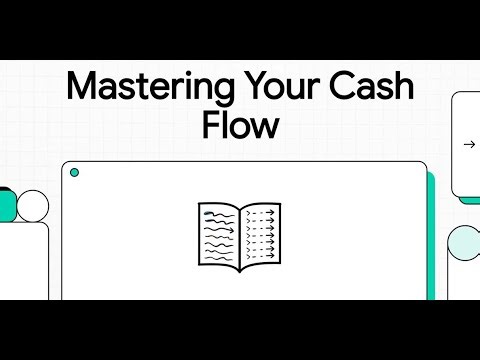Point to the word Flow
[240, 128]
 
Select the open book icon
[240, 234]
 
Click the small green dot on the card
[74, 173]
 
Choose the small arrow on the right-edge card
[469, 144]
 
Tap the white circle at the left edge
[33, 205]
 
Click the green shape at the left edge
[6, 204]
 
